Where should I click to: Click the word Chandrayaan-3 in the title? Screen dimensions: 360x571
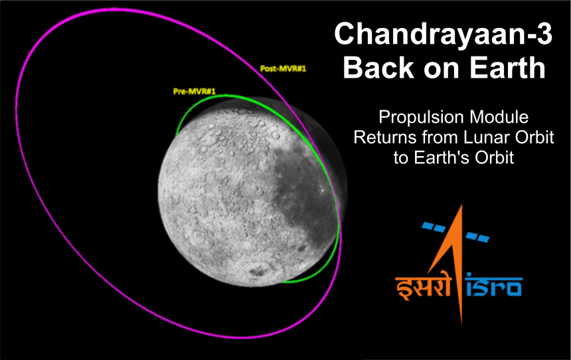pos(443,34)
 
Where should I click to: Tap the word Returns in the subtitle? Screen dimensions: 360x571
pos(381,138)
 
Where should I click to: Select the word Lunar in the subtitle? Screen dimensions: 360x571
pos(473,138)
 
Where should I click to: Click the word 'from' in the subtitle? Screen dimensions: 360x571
pos(431,138)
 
